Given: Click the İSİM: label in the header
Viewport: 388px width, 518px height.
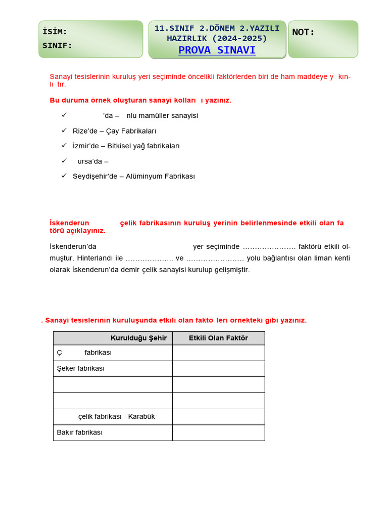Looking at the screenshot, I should click(x=55, y=32).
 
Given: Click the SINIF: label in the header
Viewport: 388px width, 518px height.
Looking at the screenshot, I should click(x=57, y=46).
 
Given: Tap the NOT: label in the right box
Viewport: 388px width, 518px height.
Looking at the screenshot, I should click(x=303, y=32).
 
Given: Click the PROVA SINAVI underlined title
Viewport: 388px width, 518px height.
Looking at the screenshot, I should click(x=217, y=50).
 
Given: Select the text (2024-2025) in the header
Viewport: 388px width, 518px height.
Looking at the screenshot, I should click(x=239, y=38).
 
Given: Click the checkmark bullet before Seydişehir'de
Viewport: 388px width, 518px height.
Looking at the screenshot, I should click(x=64, y=176).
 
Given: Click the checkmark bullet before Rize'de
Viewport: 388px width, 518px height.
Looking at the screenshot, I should click(x=64, y=130).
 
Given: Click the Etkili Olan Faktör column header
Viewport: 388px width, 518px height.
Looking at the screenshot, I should click(x=218, y=338).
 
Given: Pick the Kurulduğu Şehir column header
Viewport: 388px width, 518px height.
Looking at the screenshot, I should click(x=138, y=338).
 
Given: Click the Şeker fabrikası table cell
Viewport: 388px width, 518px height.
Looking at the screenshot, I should click(x=81, y=368).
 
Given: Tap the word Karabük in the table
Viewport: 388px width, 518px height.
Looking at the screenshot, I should click(x=141, y=416).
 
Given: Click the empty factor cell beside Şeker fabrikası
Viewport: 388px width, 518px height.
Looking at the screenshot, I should click(x=218, y=369).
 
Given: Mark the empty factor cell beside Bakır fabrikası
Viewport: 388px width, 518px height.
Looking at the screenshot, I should click(x=218, y=433).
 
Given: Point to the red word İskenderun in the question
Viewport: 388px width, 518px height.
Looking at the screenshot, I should click(x=69, y=223).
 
